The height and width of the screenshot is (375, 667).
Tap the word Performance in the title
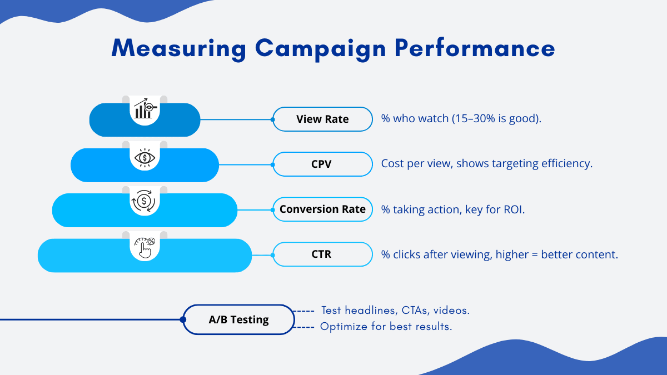tap(475, 48)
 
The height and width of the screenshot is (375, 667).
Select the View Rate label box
tap(322, 119)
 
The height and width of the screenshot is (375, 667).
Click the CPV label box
tap(322, 164)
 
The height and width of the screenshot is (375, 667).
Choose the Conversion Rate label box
tap(322, 209)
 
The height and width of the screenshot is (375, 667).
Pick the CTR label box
tap(322, 254)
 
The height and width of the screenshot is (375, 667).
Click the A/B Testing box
tap(238, 319)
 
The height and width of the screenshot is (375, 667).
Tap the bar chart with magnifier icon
tap(145, 108)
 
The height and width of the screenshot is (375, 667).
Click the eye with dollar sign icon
tap(145, 158)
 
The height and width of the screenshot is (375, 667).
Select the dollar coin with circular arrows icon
tap(143, 201)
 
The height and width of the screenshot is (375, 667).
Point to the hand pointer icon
tap(145, 248)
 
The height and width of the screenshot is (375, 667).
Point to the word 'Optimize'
tap(344, 327)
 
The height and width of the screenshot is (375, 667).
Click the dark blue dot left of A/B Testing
tap(183, 319)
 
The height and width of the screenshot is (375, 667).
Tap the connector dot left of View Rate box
tap(273, 119)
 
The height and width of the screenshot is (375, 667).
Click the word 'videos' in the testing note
tap(451, 310)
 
